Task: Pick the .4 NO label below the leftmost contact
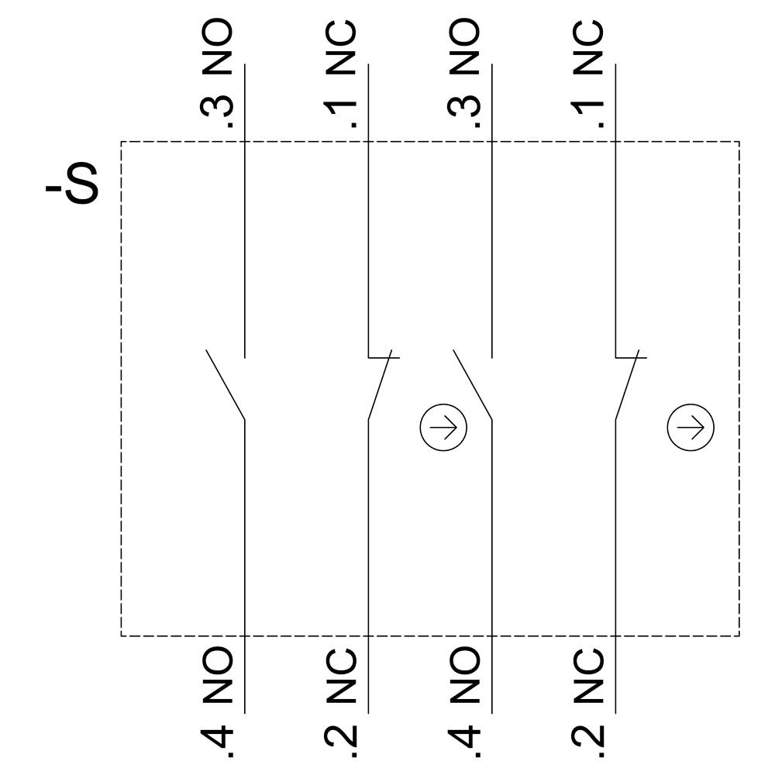218,701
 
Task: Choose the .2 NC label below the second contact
341,701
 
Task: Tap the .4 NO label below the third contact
465,701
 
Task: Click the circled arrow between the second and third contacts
443,427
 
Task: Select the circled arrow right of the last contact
691,427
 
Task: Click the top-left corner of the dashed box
122,142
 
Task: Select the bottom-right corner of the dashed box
739,635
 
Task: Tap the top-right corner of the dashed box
739,142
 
